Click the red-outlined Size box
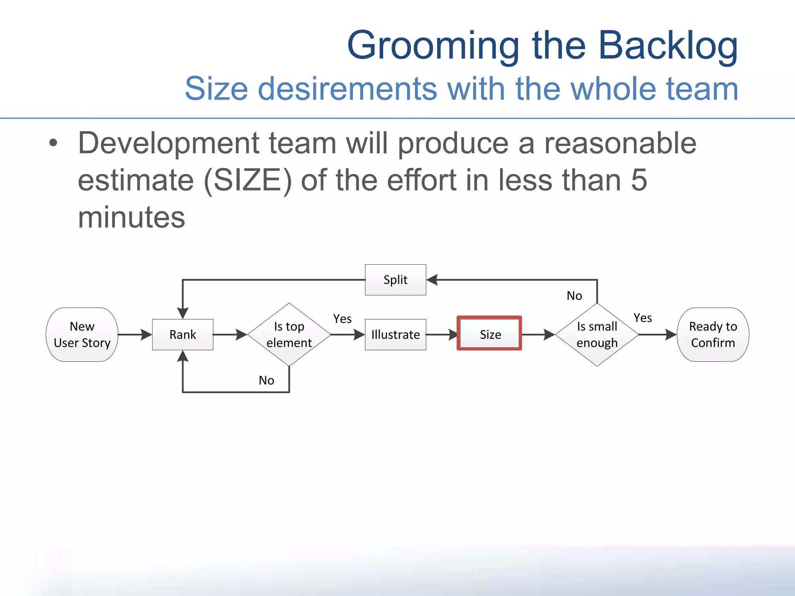pyautogui.click(x=489, y=334)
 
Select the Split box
pyautogui.click(x=395, y=280)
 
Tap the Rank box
pyautogui.click(x=182, y=334)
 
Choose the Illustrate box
pyautogui.click(x=395, y=334)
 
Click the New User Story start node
pyautogui.click(x=82, y=334)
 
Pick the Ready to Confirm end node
pyautogui.click(x=713, y=334)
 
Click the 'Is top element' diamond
pyautogui.click(x=289, y=334)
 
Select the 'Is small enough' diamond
pyautogui.click(x=597, y=334)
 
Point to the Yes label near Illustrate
pyautogui.click(x=342, y=319)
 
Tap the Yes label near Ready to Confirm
pyautogui.click(x=642, y=318)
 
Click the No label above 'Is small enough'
pyautogui.click(x=574, y=296)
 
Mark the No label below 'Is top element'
pyautogui.click(x=266, y=380)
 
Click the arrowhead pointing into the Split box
pyautogui.click(x=432, y=280)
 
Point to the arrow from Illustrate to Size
pyautogui.click(x=442, y=334)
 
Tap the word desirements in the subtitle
pyautogui.click(x=347, y=89)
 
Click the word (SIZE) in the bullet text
pyautogui.click(x=247, y=180)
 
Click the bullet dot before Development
pyautogui.click(x=53, y=143)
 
